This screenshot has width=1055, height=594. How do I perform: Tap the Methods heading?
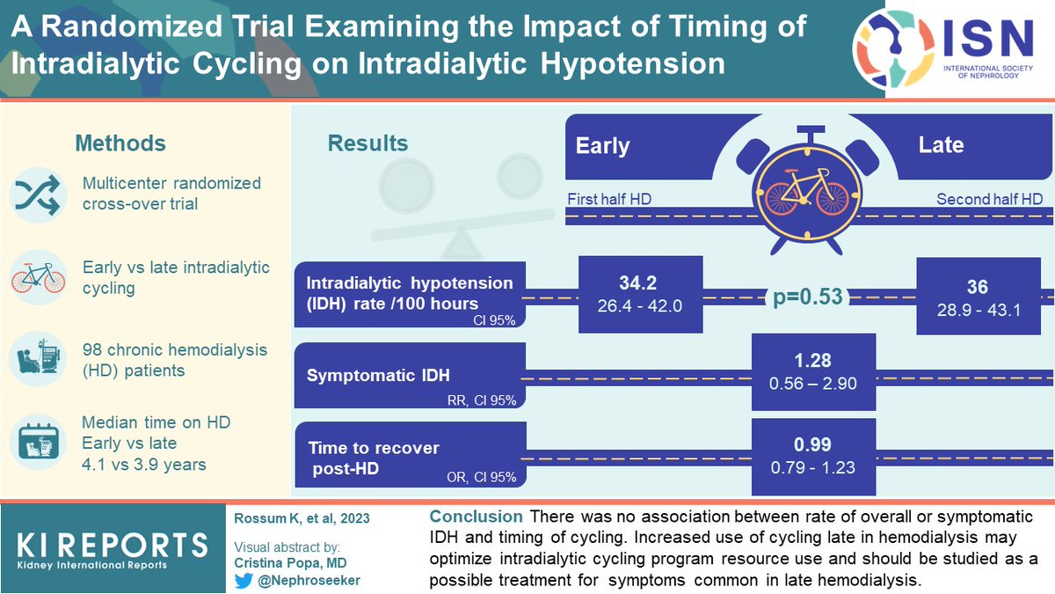[120, 143]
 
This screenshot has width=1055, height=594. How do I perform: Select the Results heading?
[367, 143]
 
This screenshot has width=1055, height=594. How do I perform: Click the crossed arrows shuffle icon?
[37, 195]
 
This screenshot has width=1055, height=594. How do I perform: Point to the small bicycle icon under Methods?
[37, 277]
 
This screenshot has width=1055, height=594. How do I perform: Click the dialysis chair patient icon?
[37, 360]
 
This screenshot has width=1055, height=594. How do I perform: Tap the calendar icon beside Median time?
[37, 443]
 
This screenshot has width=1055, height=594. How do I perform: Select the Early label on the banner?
[602, 145]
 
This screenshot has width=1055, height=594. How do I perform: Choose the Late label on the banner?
[941, 144]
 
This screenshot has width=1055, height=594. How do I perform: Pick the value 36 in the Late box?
[977, 287]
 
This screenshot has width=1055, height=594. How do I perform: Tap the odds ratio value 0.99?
[813, 444]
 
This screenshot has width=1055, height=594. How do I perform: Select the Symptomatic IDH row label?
[378, 376]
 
